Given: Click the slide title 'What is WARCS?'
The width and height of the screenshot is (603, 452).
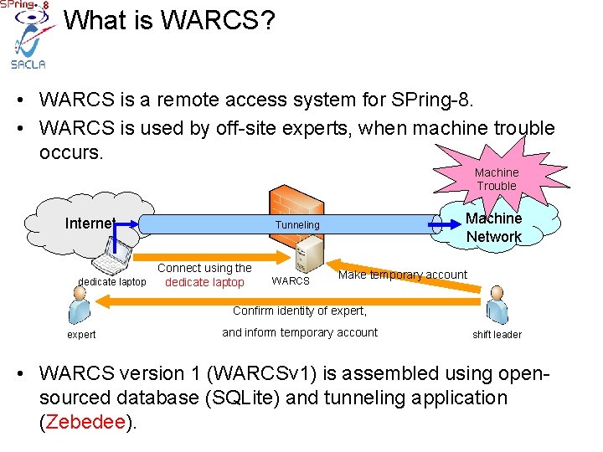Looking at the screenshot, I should pos(169,20).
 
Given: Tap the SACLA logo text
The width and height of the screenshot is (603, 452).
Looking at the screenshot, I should pos(28,64).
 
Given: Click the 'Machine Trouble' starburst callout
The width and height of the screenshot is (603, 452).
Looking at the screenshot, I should pos(497,178).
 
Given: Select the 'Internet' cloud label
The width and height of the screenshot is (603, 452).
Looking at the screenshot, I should pos(90,223).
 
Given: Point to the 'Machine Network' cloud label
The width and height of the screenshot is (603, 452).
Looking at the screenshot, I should pos(493,228).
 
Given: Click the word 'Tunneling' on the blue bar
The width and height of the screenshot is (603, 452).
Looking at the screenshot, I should pos(297,225).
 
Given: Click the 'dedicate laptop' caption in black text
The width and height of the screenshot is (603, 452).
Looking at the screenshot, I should pos(111,282).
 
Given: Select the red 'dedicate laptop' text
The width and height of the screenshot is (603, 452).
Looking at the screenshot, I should pos(204,282).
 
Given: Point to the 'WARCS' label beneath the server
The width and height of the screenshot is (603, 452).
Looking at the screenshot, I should pos(291,281).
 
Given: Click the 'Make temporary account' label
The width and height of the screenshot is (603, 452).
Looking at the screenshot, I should pos(402,275).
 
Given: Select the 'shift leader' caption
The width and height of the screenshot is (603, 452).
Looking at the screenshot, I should pos(497,335).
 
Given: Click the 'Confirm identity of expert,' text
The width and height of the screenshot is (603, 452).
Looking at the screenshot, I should pos(300,311).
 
